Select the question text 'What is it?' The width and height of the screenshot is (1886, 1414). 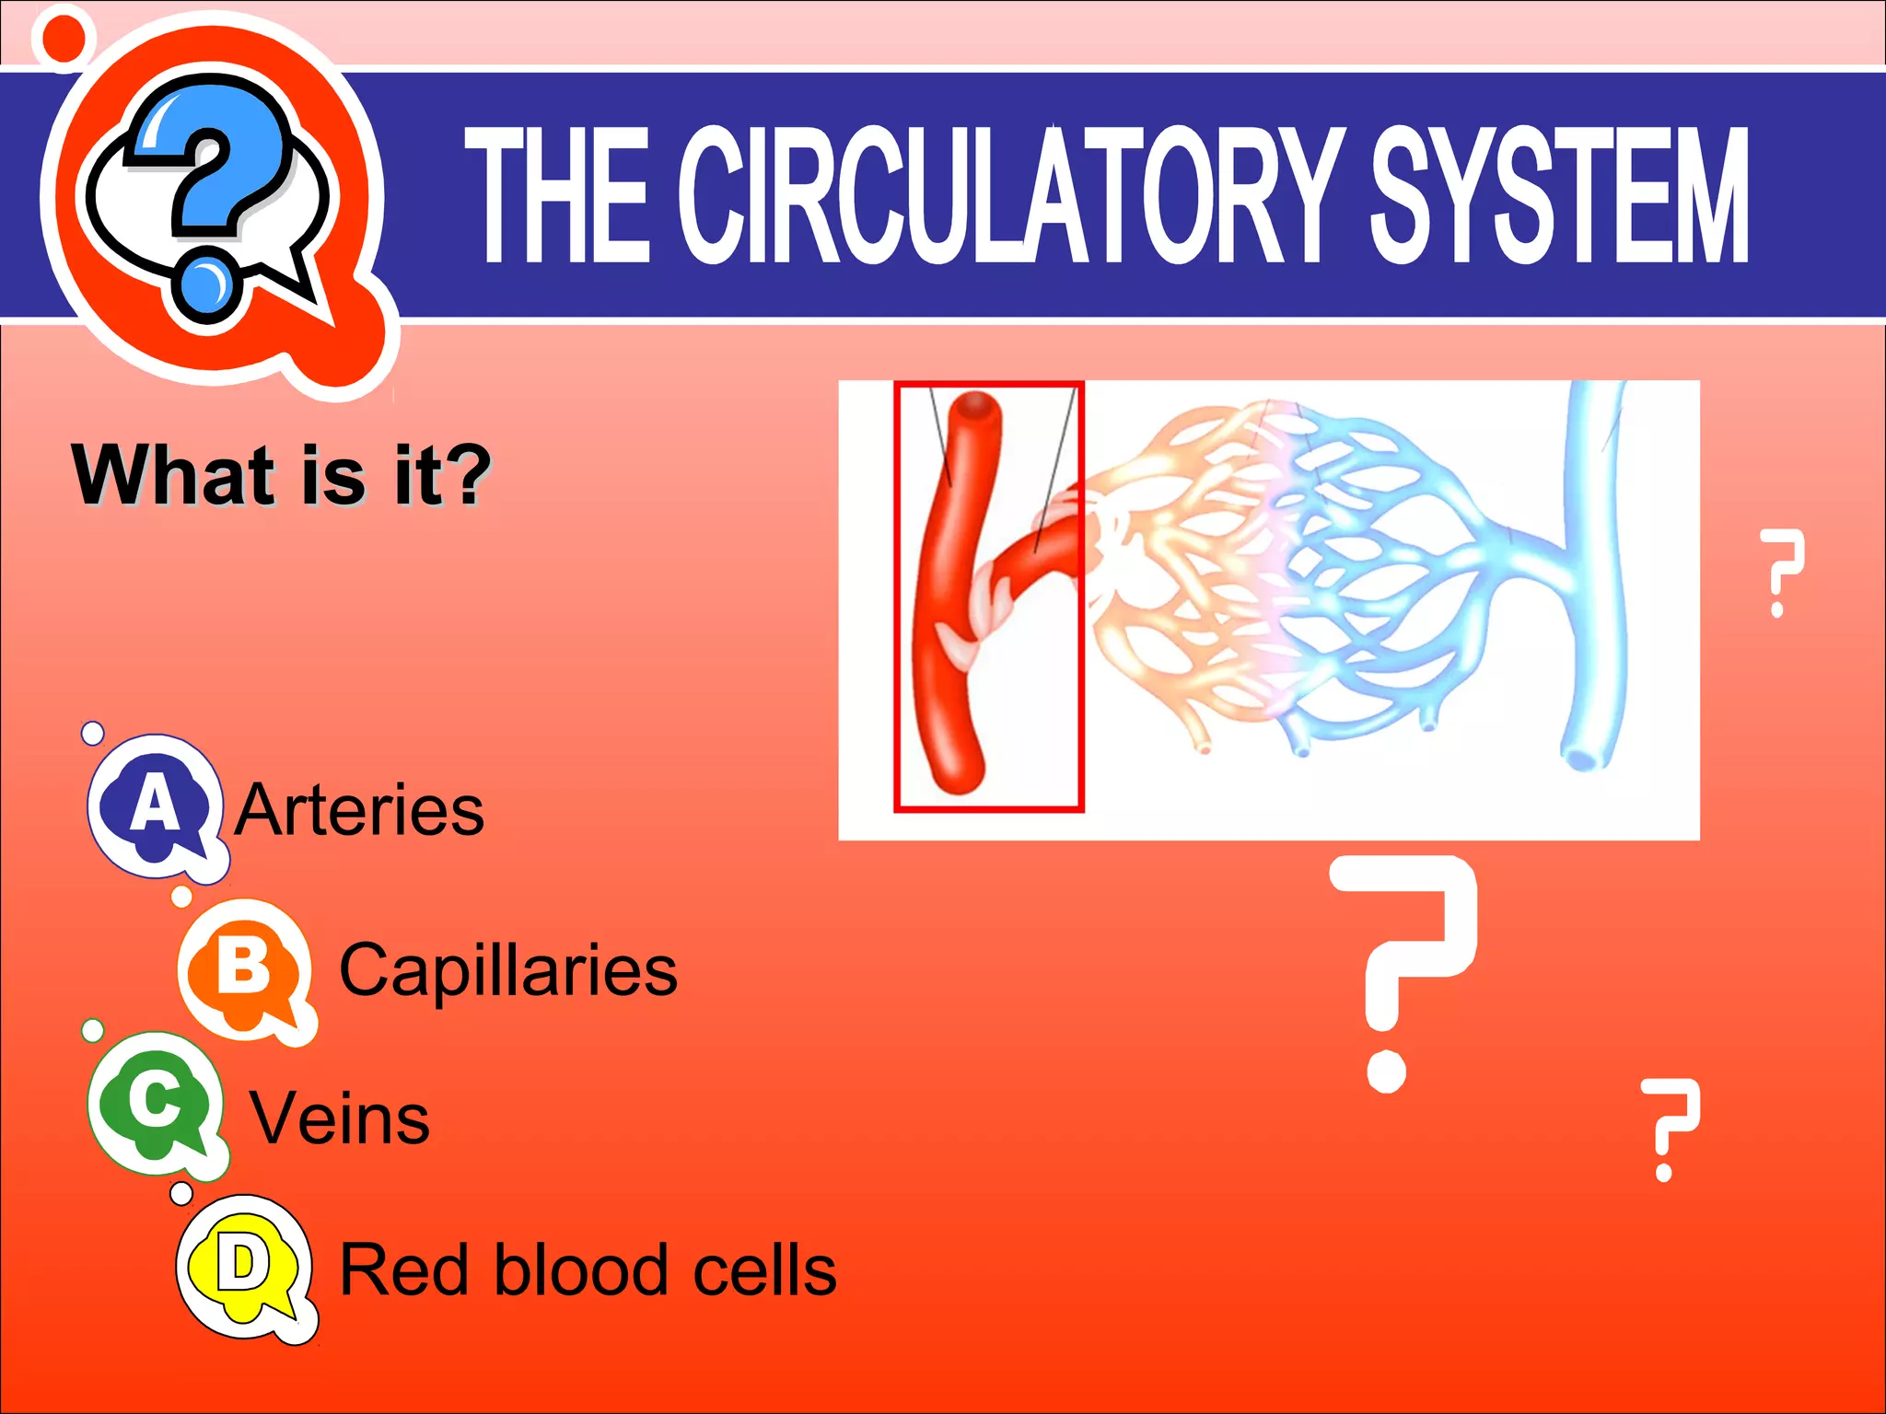282,475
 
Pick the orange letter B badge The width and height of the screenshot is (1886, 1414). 244,968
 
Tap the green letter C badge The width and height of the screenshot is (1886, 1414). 155,1101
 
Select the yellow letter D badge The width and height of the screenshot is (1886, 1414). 243,1266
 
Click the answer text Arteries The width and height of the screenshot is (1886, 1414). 359,810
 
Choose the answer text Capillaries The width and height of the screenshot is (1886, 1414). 508,970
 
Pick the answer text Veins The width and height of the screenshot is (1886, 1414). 340,1119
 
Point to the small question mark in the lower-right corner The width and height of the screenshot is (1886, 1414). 1669,1129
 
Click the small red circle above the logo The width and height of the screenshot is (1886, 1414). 64,37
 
